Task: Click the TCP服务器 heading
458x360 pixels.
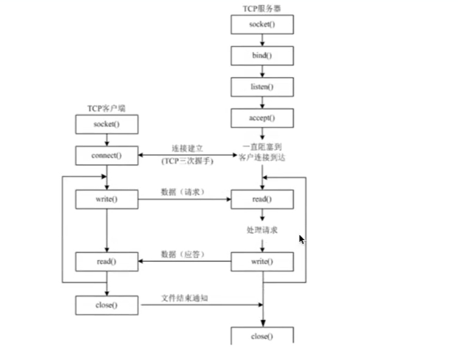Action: pyautogui.click(x=262, y=9)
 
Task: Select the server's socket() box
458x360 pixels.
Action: pyautogui.click(x=262, y=24)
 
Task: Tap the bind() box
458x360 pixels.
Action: pyautogui.click(x=262, y=55)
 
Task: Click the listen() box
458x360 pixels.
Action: pyautogui.click(x=262, y=86)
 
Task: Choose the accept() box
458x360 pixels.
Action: pyautogui.click(x=262, y=118)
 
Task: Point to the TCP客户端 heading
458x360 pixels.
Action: pyautogui.click(x=106, y=108)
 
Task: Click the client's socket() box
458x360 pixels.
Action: pyautogui.click(x=107, y=124)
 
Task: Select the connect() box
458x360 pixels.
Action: pyautogui.click(x=107, y=155)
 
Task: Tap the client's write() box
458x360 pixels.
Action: pyautogui.click(x=107, y=199)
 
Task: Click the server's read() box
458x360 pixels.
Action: pyautogui.click(x=262, y=199)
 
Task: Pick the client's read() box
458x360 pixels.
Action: pyautogui.click(x=107, y=261)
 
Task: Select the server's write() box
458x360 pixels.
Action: pyautogui.click(x=262, y=261)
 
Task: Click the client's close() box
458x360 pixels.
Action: pyautogui.click(x=107, y=305)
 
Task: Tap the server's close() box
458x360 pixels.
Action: pyautogui.click(x=262, y=336)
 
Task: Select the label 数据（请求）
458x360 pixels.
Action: pyautogui.click(x=181, y=192)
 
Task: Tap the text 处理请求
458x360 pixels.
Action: pyautogui.click(x=262, y=231)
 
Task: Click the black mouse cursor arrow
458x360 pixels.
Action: pyautogui.click(x=301, y=239)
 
